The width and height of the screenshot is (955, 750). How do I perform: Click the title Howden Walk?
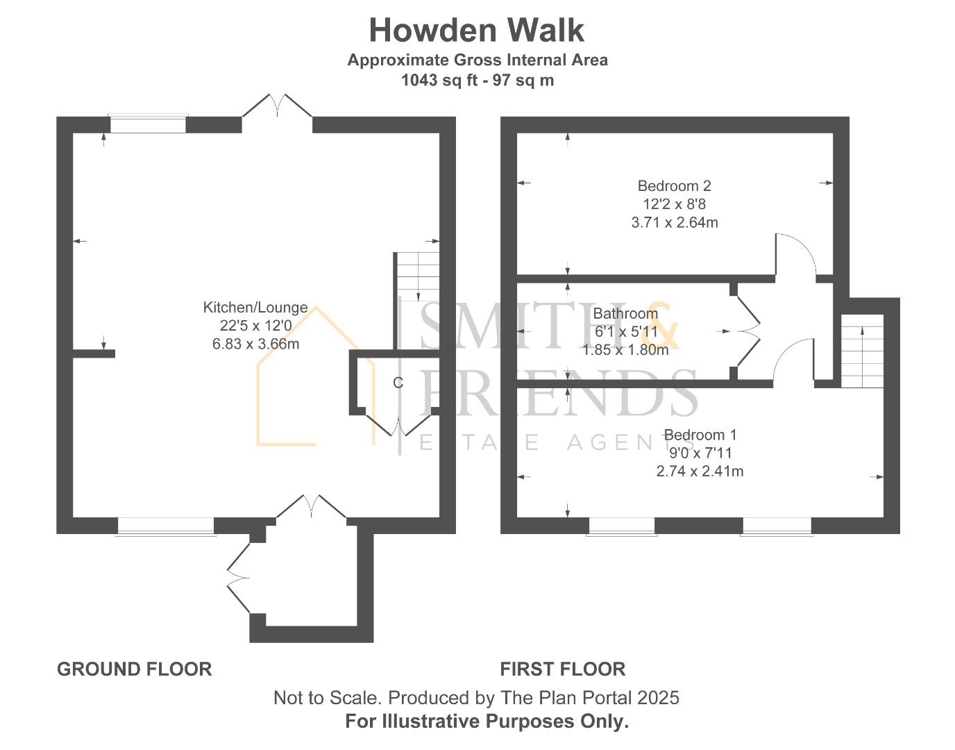tap(476, 31)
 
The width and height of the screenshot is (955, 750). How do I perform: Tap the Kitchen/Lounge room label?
tap(255, 308)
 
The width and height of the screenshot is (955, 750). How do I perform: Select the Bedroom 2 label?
tap(674, 186)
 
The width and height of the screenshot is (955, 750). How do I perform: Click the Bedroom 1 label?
tap(700, 435)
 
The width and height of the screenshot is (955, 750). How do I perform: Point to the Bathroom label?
tap(625, 314)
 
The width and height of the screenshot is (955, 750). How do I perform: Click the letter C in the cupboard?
tap(398, 383)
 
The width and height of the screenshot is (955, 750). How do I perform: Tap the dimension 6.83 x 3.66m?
tap(255, 344)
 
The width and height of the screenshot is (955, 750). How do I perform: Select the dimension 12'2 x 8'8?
tap(674, 204)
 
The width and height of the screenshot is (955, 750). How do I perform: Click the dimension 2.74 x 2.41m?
tap(700, 472)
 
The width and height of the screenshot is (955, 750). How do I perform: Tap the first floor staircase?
tap(863, 351)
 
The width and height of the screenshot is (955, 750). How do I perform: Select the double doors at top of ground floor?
tap(277, 106)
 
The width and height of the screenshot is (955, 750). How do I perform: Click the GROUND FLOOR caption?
tap(134, 669)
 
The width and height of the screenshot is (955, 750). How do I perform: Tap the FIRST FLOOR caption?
tap(562, 669)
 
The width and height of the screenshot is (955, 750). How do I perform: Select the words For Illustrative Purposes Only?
tap(487, 722)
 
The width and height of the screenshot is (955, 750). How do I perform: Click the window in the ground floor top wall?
tap(148, 124)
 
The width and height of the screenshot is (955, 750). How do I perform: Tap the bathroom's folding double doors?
tap(748, 331)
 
